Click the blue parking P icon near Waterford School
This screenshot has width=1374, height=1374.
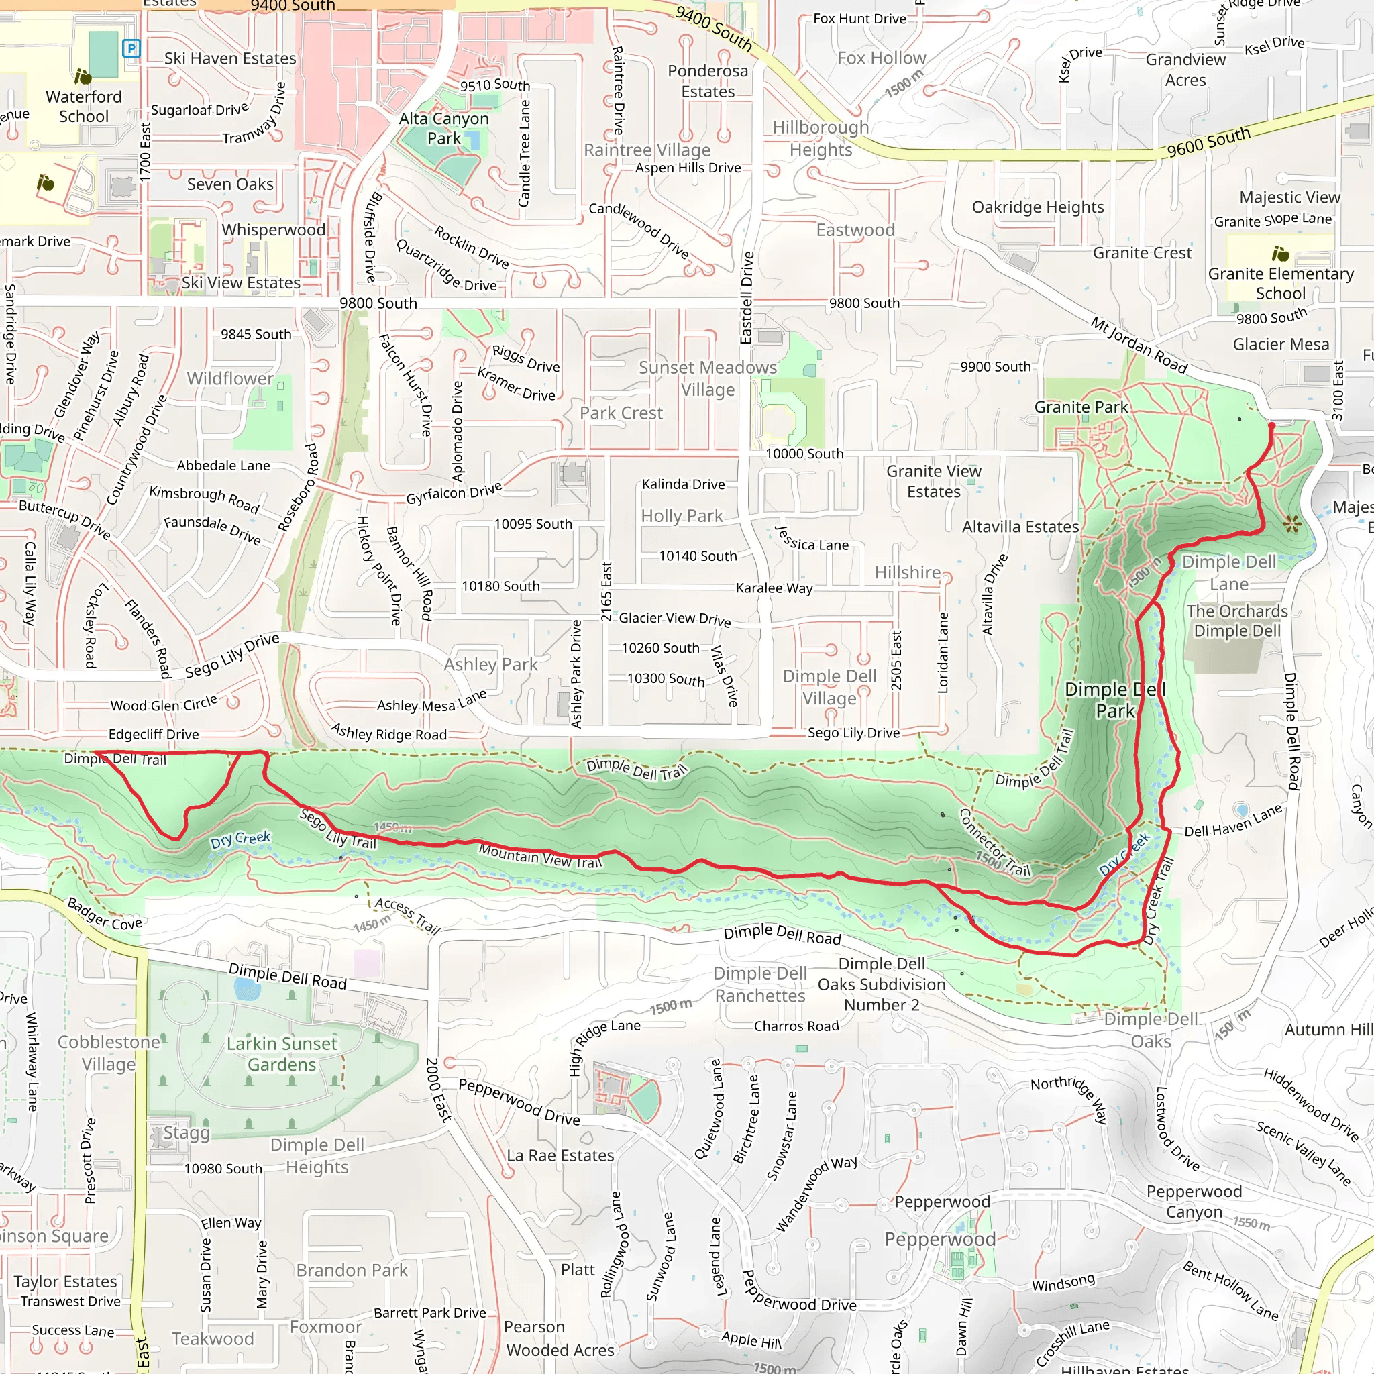coord(131,48)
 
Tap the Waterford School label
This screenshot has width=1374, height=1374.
coord(84,107)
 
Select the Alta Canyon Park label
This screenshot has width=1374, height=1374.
coord(443,129)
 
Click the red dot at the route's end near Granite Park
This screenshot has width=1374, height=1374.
coord(1271,426)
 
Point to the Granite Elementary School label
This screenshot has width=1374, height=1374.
coord(1281,283)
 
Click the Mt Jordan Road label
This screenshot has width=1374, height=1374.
coord(1139,346)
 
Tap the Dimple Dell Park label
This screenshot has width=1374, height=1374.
coord(1115,700)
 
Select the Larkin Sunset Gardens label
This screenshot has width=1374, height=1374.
coord(282,1054)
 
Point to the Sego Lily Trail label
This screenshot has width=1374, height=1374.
coord(338,829)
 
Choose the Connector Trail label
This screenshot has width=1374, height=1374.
coord(994,843)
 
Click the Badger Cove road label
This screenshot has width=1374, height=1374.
coord(105,914)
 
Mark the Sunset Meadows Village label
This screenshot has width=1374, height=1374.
coord(708,378)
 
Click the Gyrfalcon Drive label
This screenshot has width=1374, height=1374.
coord(454,493)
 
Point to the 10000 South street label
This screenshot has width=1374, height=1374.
coord(804,454)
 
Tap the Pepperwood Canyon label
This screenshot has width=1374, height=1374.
coord(1194,1201)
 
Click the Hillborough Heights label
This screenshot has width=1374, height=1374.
coord(821,138)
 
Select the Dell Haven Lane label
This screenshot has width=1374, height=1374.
coord(1232,821)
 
